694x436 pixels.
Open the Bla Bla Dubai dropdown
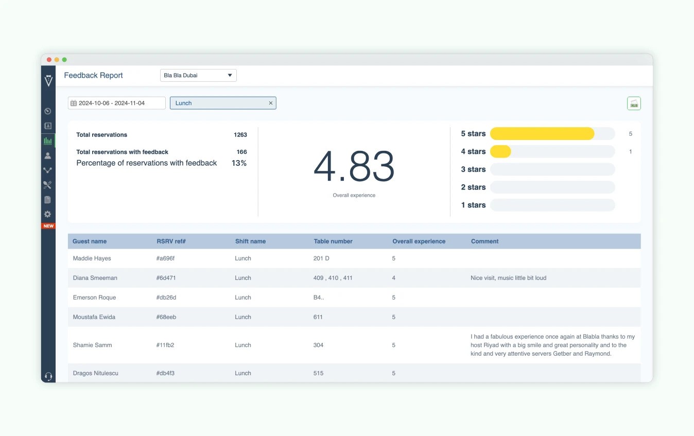198,76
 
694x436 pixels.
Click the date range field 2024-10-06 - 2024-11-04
116,103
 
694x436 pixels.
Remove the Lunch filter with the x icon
271,103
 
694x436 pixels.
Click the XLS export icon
634,103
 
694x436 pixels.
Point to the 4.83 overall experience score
354,167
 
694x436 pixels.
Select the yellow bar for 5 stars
542,134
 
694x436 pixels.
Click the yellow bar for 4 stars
500,151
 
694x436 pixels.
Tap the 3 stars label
473,169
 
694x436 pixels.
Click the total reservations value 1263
240,135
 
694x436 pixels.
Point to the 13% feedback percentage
239,163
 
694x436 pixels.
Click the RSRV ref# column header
171,241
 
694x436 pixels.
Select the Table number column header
333,241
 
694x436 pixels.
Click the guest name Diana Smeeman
95,278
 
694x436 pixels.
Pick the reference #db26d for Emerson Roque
167,298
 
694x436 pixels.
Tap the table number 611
318,317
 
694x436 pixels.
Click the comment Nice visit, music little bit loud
508,278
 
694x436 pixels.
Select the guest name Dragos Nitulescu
96,373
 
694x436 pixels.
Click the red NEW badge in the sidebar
48,226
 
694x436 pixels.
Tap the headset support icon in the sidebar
48,376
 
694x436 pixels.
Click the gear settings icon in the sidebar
48,214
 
